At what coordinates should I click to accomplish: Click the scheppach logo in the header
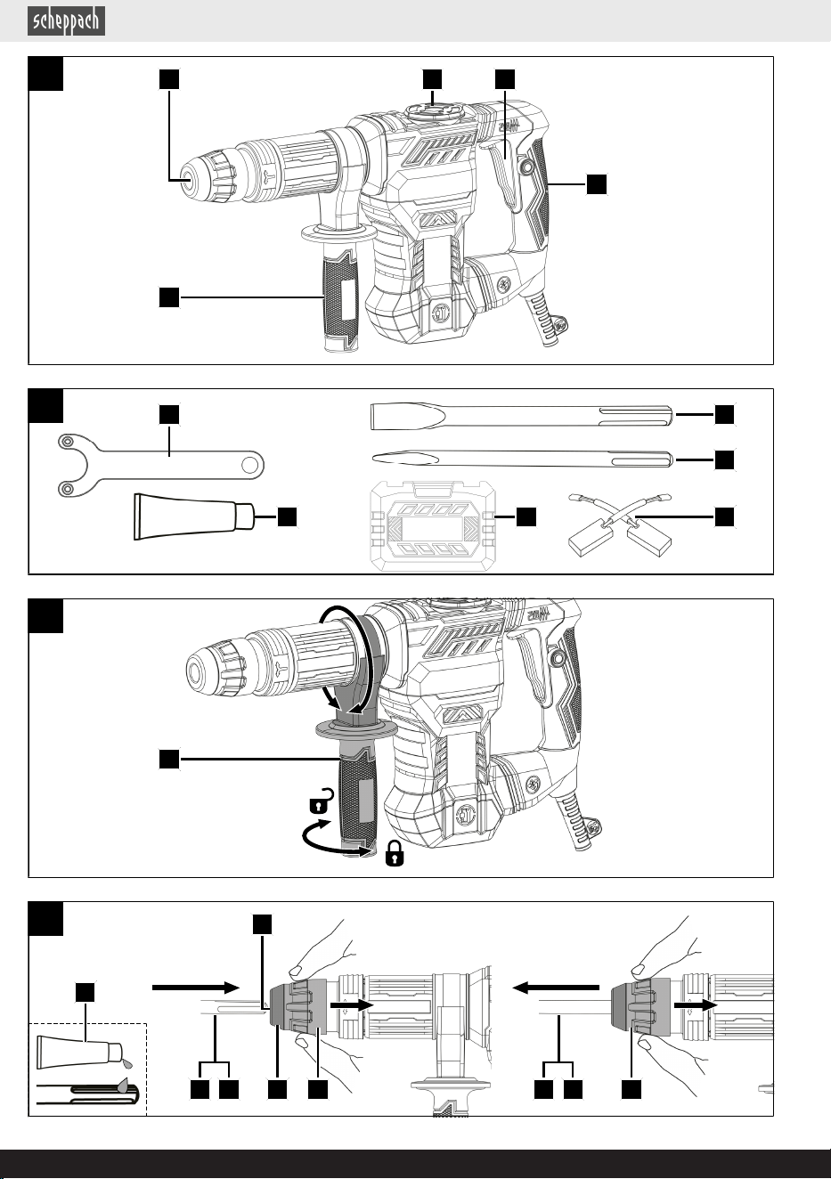point(66,21)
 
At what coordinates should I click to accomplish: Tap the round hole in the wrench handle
point(250,466)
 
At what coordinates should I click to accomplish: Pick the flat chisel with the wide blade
point(521,417)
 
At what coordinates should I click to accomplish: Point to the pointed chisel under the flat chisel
point(521,459)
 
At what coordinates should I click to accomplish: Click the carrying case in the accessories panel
point(433,525)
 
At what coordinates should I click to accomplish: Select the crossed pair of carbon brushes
point(620,524)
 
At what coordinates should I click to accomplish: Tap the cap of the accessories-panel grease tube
point(244,516)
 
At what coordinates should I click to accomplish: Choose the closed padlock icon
point(395,854)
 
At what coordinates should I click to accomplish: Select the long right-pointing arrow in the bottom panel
point(196,988)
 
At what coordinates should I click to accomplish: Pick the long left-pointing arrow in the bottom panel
point(556,988)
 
